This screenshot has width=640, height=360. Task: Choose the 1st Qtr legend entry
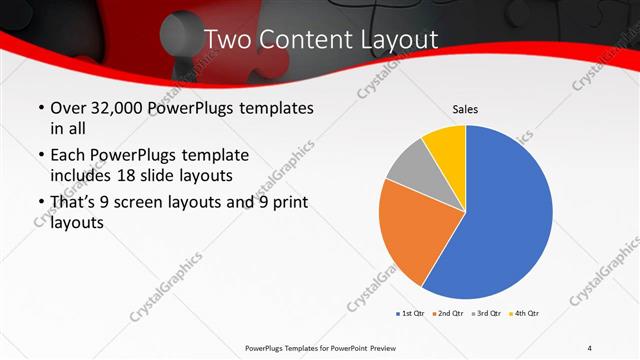(410, 314)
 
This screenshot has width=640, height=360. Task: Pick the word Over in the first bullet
(67, 107)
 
